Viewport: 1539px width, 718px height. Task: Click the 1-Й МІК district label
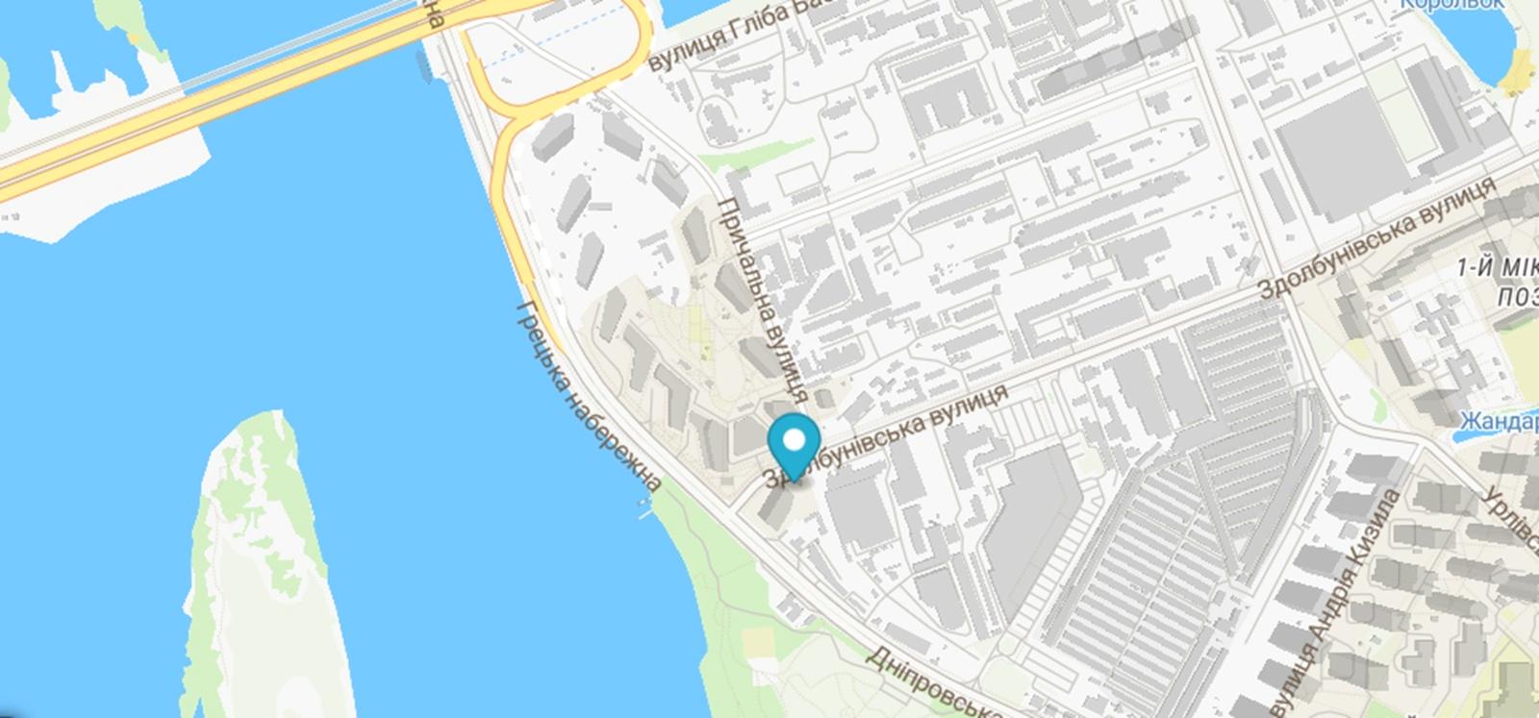(1497, 268)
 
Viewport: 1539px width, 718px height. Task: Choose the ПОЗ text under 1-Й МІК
(1517, 297)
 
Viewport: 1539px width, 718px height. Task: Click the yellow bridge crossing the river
(221, 91)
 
